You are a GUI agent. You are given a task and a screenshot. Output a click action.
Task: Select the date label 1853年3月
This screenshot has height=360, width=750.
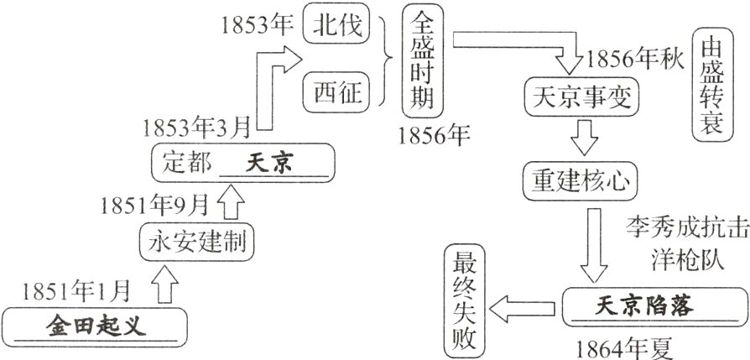pyautogui.click(x=197, y=128)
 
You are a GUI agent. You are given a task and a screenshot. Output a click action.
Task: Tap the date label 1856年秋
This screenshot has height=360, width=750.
pyautogui.click(x=635, y=60)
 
